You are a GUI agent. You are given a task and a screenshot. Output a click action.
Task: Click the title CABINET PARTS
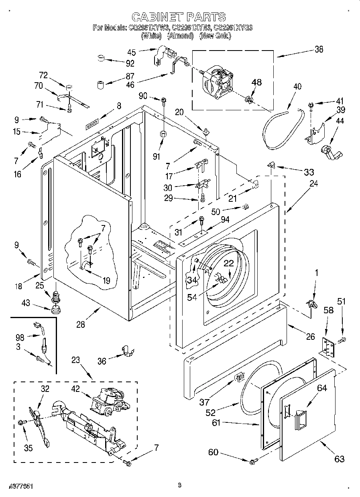(179, 17)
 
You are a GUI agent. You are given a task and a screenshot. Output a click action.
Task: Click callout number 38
(319, 50)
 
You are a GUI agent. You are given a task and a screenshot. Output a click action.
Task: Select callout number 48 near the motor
(256, 82)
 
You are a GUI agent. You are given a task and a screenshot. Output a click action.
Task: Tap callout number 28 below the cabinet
(81, 325)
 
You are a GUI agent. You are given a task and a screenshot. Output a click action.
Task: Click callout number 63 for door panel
(339, 458)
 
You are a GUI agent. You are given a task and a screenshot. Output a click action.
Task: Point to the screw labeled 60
(252, 462)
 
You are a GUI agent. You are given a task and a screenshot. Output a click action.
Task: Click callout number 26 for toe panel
(310, 337)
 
